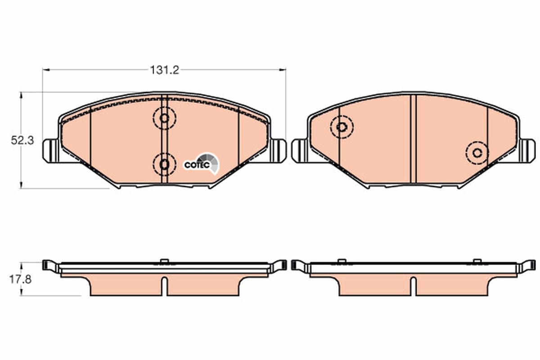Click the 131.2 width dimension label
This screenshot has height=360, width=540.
[164, 70]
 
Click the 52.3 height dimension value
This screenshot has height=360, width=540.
[22, 140]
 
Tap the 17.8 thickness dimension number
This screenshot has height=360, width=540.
[20, 280]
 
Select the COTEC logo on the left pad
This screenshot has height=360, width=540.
[202, 164]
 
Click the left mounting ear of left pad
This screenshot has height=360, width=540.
[50, 151]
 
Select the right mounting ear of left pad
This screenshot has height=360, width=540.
[278, 151]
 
